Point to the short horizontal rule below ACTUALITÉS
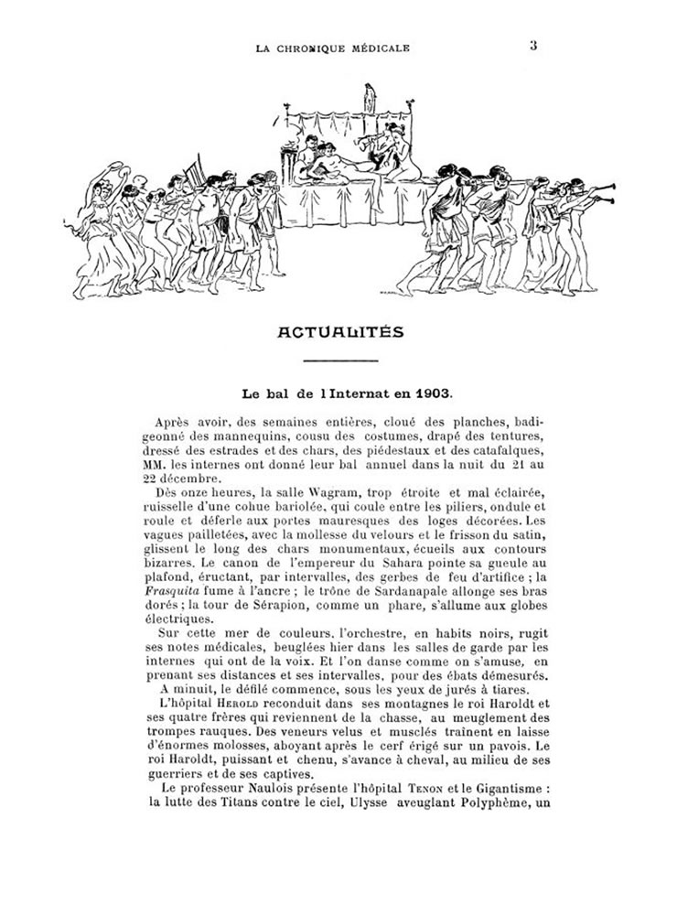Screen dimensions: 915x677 (x=338, y=361)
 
